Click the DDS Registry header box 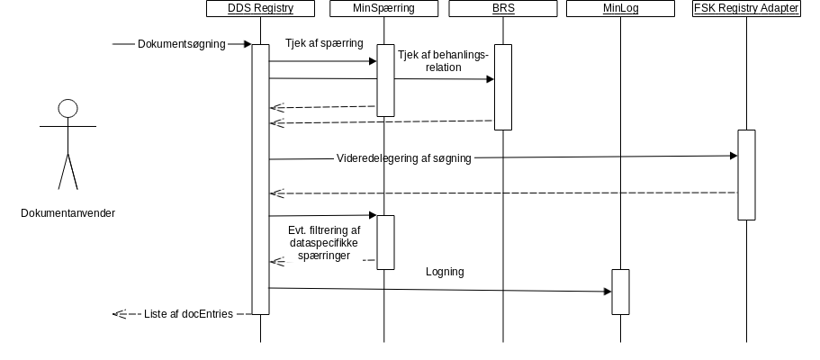tap(260, 9)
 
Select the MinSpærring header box tap(384, 9)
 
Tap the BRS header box tap(502, 9)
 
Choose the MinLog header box tap(620, 9)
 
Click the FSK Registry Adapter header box tap(746, 9)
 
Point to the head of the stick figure tap(68, 110)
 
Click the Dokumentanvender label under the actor tap(68, 213)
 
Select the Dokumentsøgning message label tap(181, 43)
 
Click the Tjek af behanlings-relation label tap(443, 60)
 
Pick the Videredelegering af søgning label tap(403, 158)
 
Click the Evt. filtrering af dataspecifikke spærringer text tap(324, 243)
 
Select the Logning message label tap(445, 271)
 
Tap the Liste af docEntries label tap(188, 314)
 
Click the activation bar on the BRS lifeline tap(502, 87)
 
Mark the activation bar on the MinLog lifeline tap(620, 292)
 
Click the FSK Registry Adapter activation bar tap(746, 175)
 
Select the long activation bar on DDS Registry tap(260, 180)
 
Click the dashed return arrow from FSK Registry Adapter tap(504, 193)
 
